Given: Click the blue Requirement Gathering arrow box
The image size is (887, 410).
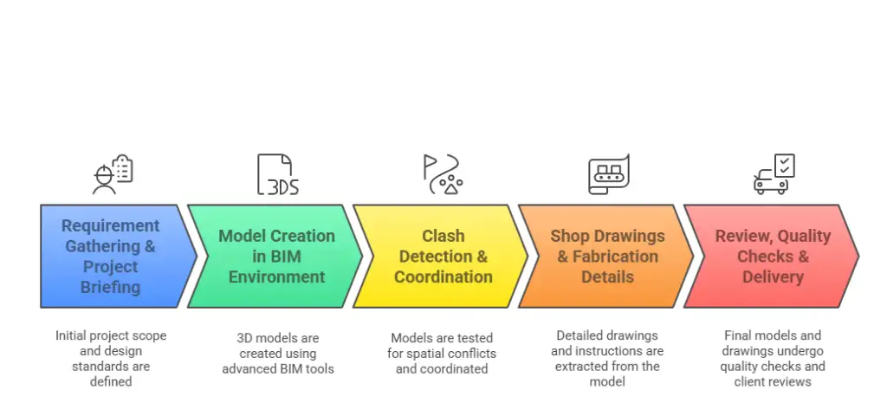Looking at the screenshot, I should [x=111, y=257].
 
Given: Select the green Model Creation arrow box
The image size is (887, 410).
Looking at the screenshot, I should [x=275, y=257].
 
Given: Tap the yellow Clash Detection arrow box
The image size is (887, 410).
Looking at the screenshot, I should [x=442, y=257].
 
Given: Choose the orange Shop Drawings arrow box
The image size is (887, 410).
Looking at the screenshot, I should [x=606, y=257].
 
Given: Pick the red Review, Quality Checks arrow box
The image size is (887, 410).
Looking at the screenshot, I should [x=771, y=257].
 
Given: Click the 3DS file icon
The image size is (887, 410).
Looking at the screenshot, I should [x=277, y=174].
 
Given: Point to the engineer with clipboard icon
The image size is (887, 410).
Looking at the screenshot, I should [x=113, y=174].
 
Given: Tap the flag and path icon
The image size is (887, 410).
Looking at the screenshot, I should [x=443, y=174].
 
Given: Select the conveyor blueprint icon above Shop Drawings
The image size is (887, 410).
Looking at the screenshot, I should [x=608, y=174].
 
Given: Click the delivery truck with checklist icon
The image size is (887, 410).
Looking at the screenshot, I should [x=774, y=174].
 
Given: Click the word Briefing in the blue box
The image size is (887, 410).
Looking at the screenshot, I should [x=110, y=288].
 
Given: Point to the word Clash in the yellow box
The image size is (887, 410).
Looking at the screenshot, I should [x=443, y=236].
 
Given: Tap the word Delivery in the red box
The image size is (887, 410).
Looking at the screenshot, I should [x=774, y=277].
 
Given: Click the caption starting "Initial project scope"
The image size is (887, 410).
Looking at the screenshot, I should [x=111, y=358].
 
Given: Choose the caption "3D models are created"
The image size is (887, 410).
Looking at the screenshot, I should [x=277, y=354].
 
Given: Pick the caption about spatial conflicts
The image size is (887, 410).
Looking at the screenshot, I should [x=442, y=354].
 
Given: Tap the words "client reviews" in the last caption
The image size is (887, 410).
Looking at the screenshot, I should [x=773, y=381].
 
